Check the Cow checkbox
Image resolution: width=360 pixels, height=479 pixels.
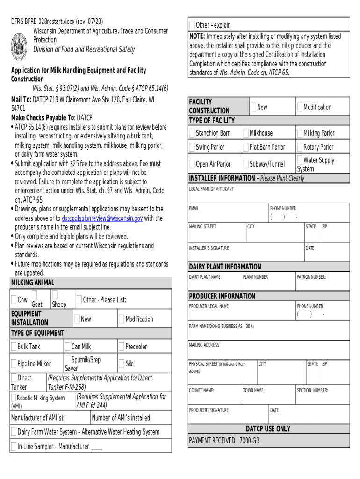coord(14,300)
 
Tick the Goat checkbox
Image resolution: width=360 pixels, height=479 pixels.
coord(34,295)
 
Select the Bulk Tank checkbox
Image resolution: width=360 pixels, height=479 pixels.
coord(14,347)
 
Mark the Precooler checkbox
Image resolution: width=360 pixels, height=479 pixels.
coord(122,347)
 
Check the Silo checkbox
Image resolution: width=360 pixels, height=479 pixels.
coord(122,363)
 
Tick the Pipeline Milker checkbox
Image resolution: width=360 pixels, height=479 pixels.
coord(14,363)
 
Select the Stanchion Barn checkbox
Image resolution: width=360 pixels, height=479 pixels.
coord(192,133)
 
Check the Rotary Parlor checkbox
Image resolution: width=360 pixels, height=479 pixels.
coord(300,147)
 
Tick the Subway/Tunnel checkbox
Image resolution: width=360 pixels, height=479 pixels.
coord(246,164)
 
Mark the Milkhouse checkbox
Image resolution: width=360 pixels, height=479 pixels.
coord(246,133)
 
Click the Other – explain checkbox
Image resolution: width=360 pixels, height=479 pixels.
coord(192,25)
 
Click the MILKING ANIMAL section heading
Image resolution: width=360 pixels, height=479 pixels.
coord(32,283)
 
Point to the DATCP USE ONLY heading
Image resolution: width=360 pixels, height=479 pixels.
coord(268,428)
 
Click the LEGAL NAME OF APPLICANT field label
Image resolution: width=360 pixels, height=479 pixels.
coord(211,189)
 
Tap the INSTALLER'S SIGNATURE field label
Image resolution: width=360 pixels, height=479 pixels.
coord(209,248)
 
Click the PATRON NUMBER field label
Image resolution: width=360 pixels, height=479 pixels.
coord(311,277)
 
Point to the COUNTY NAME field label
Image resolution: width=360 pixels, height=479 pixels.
coord(202,390)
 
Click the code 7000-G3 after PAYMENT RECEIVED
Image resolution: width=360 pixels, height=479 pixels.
coord(249,441)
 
